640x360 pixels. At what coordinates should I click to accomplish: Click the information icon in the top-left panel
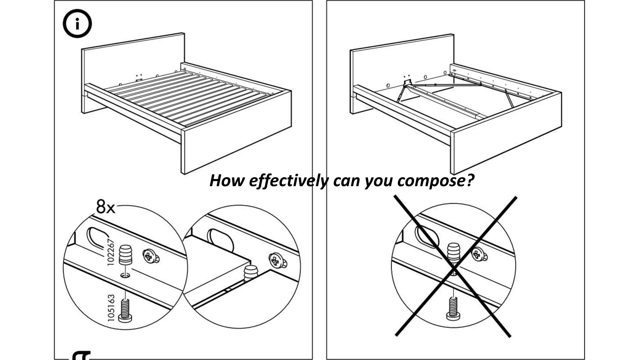[x=77, y=24]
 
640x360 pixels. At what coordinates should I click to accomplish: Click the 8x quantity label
[x=106, y=207]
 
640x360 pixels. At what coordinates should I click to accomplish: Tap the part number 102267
[x=111, y=252]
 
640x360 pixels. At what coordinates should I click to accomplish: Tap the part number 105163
[x=111, y=307]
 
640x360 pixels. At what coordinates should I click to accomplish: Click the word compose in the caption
[x=436, y=181]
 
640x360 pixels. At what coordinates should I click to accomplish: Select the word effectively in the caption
[x=288, y=181]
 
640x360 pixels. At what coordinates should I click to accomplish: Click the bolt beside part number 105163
[x=125, y=310]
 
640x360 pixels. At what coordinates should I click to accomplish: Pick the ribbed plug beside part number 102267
[x=125, y=255]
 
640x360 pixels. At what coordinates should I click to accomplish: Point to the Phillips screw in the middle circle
[x=276, y=260]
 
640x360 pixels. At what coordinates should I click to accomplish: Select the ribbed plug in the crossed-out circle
[x=453, y=253]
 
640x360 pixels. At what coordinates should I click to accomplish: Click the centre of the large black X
[x=454, y=267]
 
